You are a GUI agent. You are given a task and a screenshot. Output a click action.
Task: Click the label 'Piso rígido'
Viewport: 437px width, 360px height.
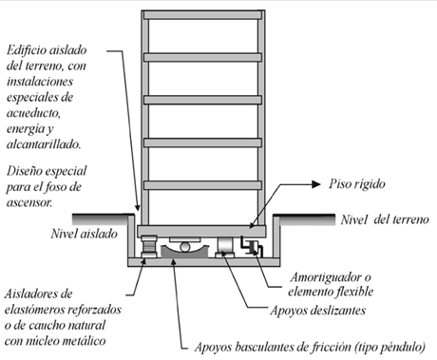pos(357,184)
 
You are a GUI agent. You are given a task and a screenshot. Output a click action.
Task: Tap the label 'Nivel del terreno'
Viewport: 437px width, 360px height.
pos(385,219)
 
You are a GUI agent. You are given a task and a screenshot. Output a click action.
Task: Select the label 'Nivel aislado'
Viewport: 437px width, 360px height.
pos(85,234)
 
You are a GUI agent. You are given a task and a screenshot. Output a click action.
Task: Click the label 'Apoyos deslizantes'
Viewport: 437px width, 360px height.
pos(317,311)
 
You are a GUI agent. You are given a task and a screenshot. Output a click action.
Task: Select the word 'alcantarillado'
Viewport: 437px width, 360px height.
pos(44,144)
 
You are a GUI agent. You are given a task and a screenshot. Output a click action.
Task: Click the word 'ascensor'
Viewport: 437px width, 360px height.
pos(29,202)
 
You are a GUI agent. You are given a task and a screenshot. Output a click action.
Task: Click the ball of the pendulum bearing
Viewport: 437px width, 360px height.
pos(185,247)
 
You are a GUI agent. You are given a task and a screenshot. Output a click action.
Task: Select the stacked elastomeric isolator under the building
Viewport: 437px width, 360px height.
pos(149,247)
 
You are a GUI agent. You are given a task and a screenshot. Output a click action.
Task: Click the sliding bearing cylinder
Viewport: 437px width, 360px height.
pos(225,245)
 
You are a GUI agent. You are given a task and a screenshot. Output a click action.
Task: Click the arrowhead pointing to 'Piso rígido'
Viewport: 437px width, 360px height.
pos(316,184)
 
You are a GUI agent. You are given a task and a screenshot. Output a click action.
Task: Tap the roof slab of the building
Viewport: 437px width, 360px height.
pos(202,15)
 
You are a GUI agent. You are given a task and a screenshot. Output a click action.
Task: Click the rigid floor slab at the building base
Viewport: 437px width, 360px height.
pos(201,231)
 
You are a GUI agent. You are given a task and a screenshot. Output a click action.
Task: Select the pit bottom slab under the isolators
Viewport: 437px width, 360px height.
pos(204,262)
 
